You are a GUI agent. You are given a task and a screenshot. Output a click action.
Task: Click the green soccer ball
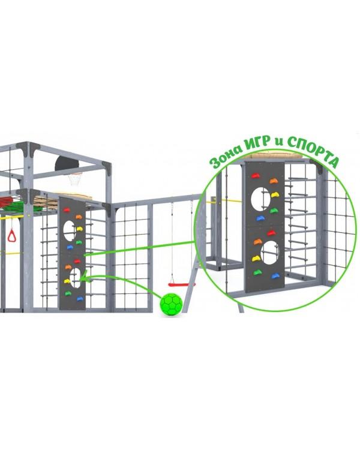coord(172,304)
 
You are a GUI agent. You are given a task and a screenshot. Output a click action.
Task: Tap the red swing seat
coord(181,284)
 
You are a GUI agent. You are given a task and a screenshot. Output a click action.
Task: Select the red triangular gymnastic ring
coord(12,235)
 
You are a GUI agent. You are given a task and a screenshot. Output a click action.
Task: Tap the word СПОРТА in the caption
coord(313,150)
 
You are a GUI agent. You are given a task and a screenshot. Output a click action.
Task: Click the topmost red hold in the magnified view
coord(255,175)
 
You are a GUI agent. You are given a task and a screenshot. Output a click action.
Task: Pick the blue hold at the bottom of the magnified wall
coord(275,276)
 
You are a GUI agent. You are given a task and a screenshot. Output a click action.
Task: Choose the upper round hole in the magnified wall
coord(260,199)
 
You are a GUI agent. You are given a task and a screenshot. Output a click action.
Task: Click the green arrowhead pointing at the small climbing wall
coord(83,277)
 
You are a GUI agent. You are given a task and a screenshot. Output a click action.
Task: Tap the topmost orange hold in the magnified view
coord(274,181)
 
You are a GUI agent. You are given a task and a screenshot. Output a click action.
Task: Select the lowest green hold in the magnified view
coord(257,272)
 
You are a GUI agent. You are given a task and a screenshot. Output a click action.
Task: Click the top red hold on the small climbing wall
coord(67,210)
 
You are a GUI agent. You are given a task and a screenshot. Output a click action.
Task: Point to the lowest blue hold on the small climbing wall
coord(80,299)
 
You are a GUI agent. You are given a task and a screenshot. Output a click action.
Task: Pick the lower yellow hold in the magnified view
coord(256,259)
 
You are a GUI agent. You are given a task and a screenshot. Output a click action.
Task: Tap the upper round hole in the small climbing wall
coord(69,230)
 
